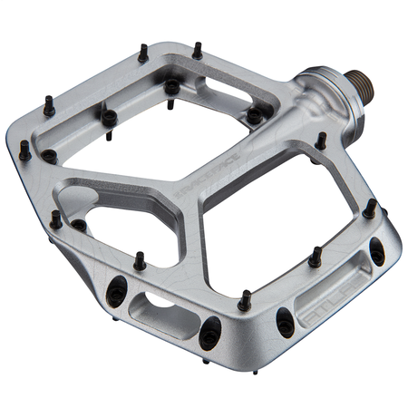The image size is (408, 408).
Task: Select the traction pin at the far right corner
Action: [370, 209]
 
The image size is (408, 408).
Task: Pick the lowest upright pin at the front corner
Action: [244, 300]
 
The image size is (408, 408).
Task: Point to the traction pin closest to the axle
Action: [320, 141]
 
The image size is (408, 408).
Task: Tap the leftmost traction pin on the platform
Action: [24, 151]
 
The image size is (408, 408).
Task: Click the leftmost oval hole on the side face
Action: [116, 291]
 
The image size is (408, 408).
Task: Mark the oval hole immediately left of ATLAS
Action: [285, 320]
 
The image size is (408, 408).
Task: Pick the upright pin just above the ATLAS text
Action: [316, 257]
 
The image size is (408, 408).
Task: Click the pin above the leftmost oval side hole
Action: [140, 261]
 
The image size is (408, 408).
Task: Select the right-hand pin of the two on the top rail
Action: [198, 50]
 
